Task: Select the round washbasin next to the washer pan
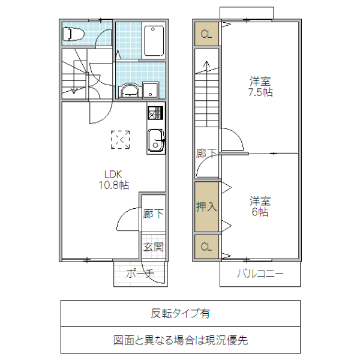pyautogui.click(x=129, y=91)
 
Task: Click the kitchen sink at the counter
pyautogui.click(x=155, y=140)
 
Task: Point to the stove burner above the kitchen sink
pyautogui.click(x=155, y=113)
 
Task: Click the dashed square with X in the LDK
pyautogui.click(x=121, y=139)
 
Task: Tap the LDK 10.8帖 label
pyautogui.click(x=114, y=180)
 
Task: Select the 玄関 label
pyautogui.click(x=153, y=246)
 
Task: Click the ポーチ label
pyautogui.click(x=140, y=274)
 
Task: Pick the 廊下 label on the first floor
pyautogui.click(x=153, y=214)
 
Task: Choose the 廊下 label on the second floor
pyautogui.click(x=206, y=154)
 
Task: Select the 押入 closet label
pyautogui.click(x=206, y=207)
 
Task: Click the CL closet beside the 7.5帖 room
pyautogui.click(x=206, y=34)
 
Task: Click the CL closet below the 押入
pyautogui.click(x=206, y=247)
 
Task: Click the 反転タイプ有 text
pyautogui.click(x=180, y=313)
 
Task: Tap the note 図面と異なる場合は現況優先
pyautogui.click(x=180, y=340)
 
